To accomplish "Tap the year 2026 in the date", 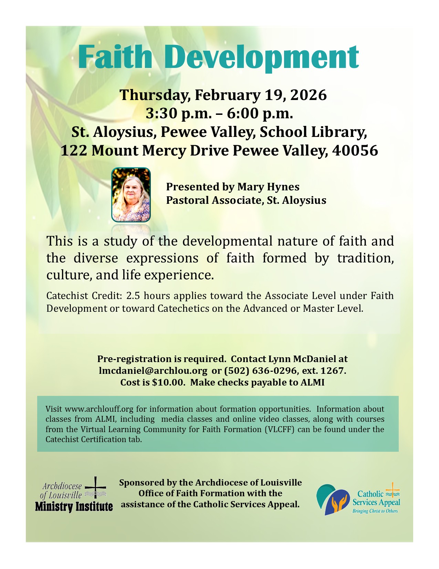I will [x=308, y=95].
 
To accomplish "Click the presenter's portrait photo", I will [x=131, y=194].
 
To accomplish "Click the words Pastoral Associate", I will [x=213, y=200].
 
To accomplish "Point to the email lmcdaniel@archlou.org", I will [x=153, y=371].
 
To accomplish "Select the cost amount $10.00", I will [x=168, y=382].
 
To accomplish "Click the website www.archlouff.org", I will [x=99, y=409].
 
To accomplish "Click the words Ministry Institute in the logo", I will [x=74, y=507].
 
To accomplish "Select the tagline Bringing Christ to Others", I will [x=375, y=511].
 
